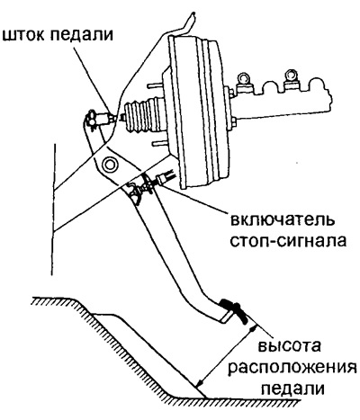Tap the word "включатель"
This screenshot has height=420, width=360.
(x=282, y=220)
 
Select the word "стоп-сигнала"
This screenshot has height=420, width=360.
(x=288, y=241)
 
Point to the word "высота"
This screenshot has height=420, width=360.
(x=289, y=346)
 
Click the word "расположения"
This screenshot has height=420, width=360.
(x=292, y=369)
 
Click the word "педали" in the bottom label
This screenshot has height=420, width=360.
(x=292, y=389)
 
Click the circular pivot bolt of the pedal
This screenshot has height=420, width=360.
(x=109, y=164)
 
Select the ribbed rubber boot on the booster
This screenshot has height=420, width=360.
(x=141, y=115)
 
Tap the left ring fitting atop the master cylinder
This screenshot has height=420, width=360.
(x=243, y=79)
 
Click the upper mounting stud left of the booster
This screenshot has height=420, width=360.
(x=156, y=86)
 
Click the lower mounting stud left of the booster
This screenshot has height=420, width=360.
(x=159, y=144)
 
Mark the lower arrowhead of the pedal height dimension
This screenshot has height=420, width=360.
(x=200, y=382)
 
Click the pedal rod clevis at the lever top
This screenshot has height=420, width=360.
(x=94, y=119)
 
